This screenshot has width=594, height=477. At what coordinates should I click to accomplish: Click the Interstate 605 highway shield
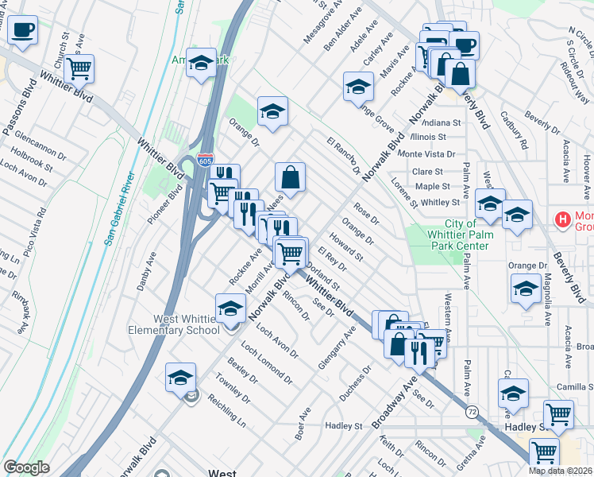click(206, 161)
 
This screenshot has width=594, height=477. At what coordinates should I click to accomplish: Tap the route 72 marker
click(472, 413)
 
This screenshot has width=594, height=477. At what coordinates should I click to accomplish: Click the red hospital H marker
click(564, 219)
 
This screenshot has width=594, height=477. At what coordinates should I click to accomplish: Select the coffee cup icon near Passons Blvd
click(22, 31)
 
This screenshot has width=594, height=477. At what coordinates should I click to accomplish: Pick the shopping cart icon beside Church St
click(79, 69)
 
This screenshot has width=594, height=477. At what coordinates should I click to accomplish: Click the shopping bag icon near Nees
click(291, 179)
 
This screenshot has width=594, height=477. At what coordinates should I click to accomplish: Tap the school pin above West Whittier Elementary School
click(231, 309)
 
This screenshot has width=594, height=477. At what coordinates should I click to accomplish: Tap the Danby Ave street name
click(145, 271)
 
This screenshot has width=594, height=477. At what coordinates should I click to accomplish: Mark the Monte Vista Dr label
click(427, 154)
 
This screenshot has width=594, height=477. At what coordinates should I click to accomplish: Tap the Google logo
click(26, 468)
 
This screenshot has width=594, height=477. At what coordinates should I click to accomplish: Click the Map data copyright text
click(561, 471)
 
